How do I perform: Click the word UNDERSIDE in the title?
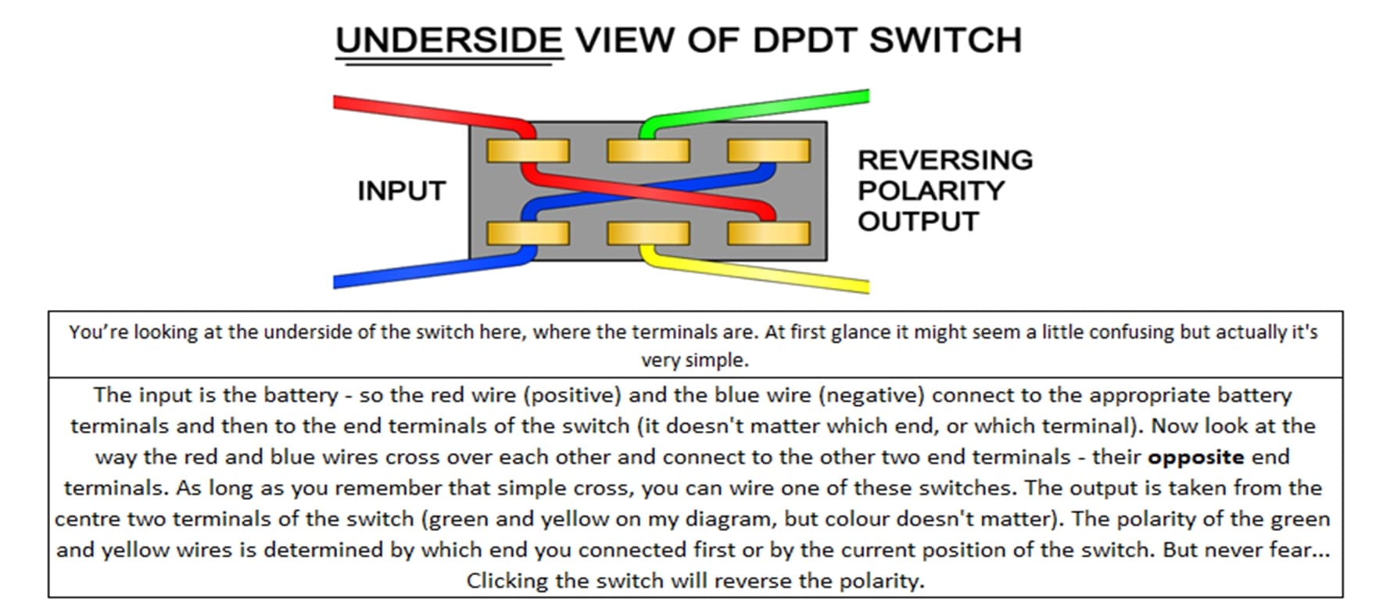point(449,41)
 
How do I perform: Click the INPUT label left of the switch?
point(401,191)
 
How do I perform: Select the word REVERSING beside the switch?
point(944,160)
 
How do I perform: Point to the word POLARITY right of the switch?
point(930,191)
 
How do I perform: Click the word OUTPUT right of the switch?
point(918,222)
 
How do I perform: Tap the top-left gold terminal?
point(528,151)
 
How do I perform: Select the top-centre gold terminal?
point(648,151)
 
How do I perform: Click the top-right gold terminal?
point(768,151)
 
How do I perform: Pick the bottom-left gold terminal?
point(528,233)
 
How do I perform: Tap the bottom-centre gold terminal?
point(648,233)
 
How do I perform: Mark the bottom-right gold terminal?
point(768,233)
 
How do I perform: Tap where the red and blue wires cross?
point(648,191)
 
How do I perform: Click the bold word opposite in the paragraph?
point(1195,457)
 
